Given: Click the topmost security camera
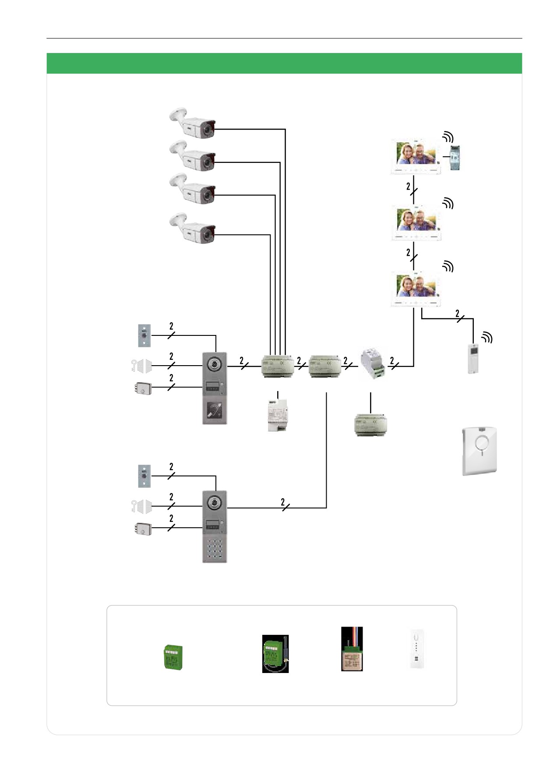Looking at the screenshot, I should pos(193,123).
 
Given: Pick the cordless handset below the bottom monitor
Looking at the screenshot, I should pos(473,359).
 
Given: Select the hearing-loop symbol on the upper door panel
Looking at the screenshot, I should pos(215,411).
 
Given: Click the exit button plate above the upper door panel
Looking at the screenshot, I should pos(145,336).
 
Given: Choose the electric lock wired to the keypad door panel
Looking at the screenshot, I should pos(143,528).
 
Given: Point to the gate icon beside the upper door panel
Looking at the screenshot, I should pos(141,366).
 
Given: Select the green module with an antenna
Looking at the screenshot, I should pos(275,654).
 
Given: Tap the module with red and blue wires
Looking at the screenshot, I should pos(352,649).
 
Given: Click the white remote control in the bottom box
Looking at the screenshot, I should pos(416,649).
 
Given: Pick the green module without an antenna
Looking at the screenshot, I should pos(173,657).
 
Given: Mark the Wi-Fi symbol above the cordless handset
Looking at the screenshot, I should pos(487,337).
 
